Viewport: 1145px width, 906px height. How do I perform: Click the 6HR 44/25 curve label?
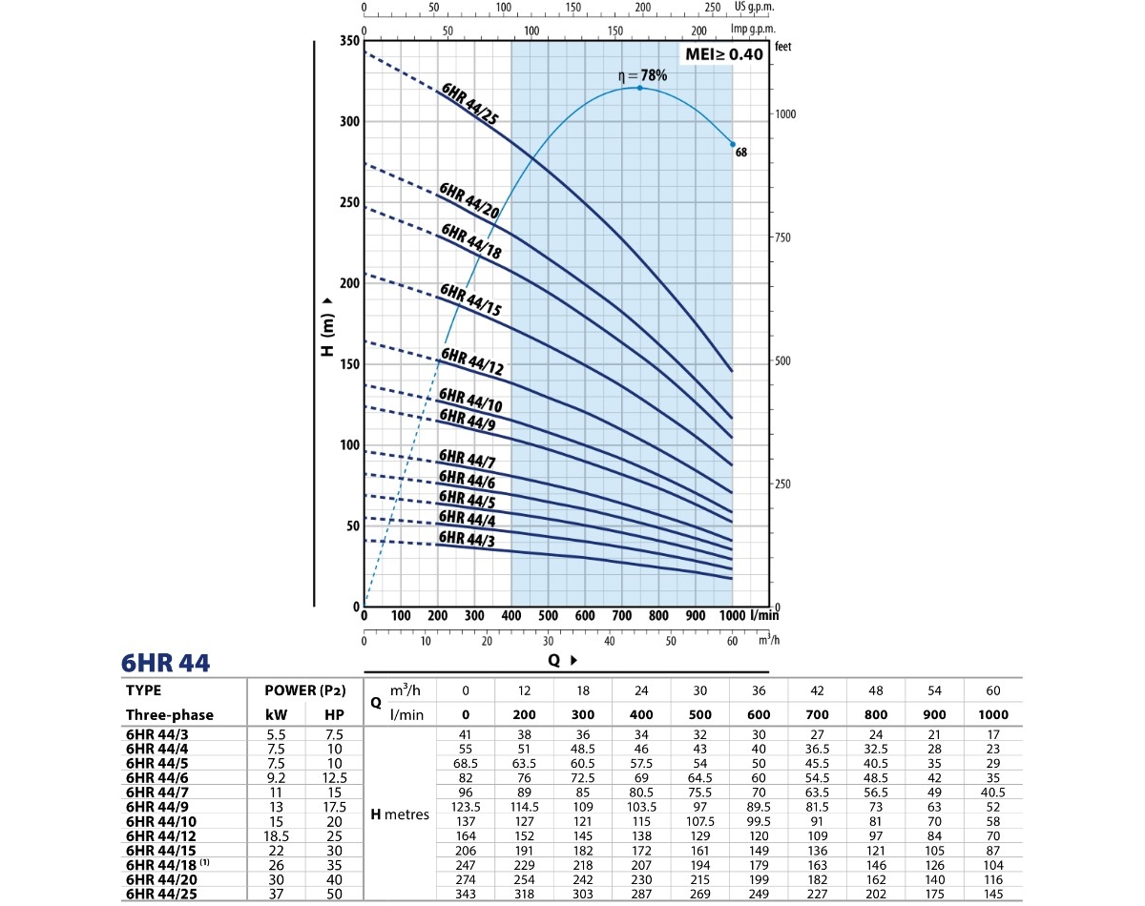pos(470,104)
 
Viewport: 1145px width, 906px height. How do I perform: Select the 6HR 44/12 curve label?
pos(470,362)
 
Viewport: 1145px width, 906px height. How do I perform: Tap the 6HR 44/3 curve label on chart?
pos(468,539)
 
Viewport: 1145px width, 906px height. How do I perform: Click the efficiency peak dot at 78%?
pos(639,88)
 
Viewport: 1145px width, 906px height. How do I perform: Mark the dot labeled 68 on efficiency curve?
pos(733,144)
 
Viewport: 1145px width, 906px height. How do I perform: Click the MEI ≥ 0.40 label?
pos(724,54)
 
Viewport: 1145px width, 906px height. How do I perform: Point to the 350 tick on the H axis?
pos(348,42)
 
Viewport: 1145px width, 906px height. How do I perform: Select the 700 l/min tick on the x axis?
pos(622,616)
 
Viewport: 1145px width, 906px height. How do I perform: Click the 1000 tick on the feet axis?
pos(785,114)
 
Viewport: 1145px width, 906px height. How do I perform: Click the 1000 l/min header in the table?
pos(992,714)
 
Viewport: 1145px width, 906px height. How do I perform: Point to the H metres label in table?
pos(399,814)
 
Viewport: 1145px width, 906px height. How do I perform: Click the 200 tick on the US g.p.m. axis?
pos(642,7)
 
